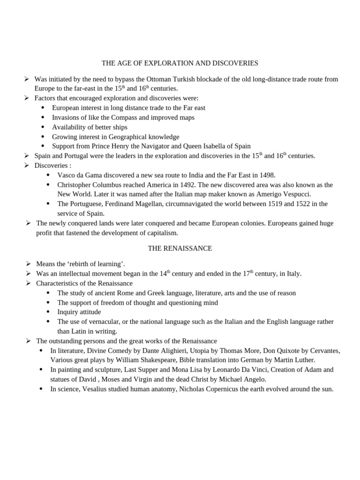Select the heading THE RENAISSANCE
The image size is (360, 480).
(180, 248)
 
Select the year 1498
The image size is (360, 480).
(266, 175)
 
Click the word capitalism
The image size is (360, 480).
(162, 233)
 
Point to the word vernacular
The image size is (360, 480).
(99, 322)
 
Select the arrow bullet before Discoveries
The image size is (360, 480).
(27, 165)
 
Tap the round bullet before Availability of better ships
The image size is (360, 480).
(43, 127)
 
